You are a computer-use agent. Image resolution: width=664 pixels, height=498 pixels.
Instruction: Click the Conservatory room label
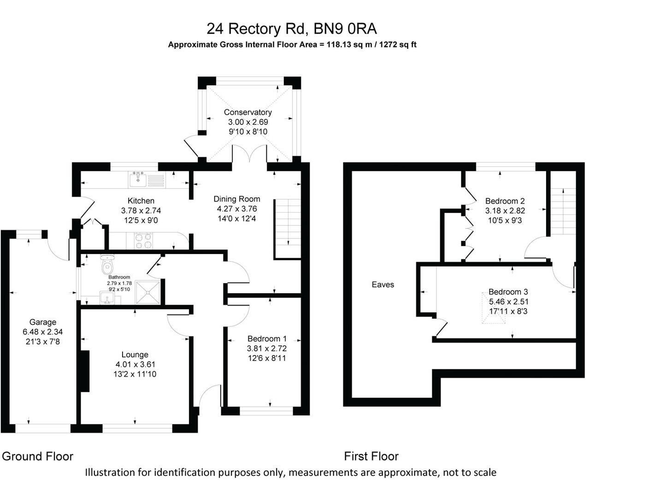[x=247, y=112]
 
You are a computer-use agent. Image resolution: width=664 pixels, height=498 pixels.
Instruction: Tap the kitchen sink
[x=138, y=179]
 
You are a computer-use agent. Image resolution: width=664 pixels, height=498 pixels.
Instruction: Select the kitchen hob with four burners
[x=143, y=240]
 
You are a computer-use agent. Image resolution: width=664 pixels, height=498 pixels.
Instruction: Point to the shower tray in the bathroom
[x=148, y=291]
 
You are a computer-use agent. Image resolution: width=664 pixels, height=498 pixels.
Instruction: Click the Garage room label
[x=42, y=322]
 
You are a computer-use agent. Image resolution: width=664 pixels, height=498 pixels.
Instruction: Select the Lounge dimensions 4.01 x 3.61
[x=135, y=364]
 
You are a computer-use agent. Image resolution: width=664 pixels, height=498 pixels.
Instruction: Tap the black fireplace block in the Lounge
[x=84, y=371]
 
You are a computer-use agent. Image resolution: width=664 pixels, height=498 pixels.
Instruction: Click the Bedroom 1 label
[x=267, y=338]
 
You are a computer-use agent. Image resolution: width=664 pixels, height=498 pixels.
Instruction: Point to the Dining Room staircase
[x=288, y=228]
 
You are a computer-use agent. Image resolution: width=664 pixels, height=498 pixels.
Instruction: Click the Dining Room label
[x=237, y=199]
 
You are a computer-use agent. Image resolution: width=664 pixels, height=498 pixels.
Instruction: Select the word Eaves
[x=383, y=285]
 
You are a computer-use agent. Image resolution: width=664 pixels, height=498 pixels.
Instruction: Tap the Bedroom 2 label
[x=505, y=201]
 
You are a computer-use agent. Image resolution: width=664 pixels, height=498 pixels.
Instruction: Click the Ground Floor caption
[x=38, y=456]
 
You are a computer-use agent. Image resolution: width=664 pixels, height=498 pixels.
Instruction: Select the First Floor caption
[x=371, y=456]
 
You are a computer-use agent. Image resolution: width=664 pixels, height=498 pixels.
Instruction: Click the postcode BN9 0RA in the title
[x=345, y=29]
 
